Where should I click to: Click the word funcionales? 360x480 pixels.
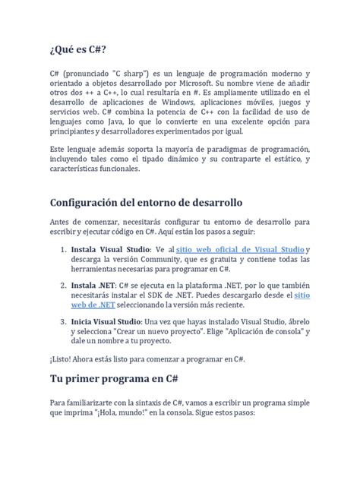click(115, 170)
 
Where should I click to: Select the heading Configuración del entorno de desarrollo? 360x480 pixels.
click(145, 204)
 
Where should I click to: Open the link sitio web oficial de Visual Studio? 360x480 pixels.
click(240, 248)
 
